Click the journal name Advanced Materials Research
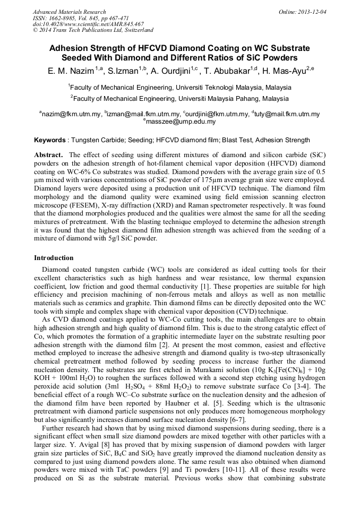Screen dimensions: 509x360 (x=69, y=12)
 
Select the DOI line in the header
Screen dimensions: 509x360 (x=88, y=24)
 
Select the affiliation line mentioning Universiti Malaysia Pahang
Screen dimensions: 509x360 (x=179, y=98)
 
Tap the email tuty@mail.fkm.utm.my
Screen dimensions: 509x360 (x=287, y=114)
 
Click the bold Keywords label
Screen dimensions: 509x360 (x=50, y=140)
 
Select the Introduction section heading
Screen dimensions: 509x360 (x=54, y=258)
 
